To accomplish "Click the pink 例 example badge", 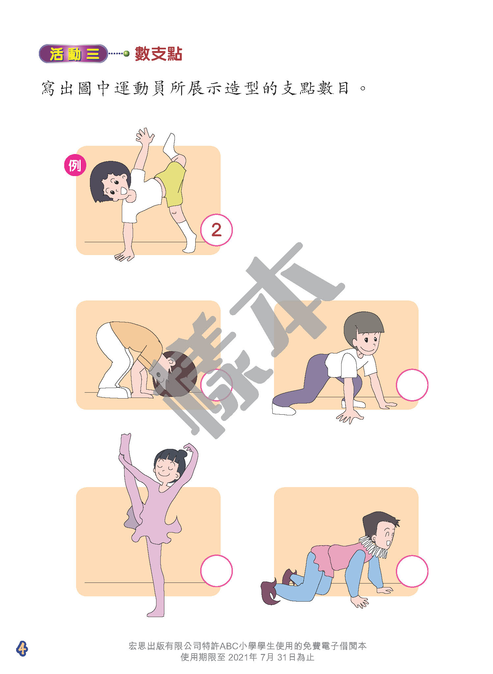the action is click(x=75, y=166).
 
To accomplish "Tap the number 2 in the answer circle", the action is click(x=216, y=230).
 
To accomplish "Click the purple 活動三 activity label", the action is click(x=73, y=54).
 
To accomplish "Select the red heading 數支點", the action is click(x=158, y=54).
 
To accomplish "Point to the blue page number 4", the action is click(x=22, y=648).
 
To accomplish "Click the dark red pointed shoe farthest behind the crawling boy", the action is click(x=269, y=592).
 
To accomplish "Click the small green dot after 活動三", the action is click(x=126, y=53).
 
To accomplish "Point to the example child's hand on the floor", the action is click(x=124, y=256).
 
